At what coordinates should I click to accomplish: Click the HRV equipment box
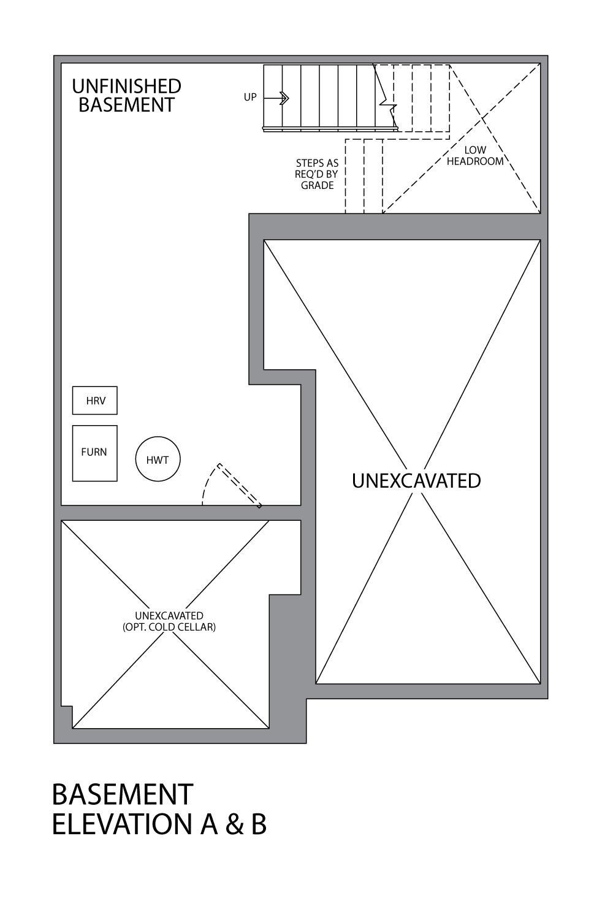pos(95,401)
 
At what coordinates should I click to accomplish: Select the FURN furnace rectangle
pos(94,453)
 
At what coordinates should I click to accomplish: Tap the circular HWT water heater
pos(158,459)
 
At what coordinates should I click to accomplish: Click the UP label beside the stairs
pos(250,97)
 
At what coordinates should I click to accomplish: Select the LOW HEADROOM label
pos(475,156)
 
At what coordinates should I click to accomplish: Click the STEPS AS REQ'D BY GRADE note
pos(317,174)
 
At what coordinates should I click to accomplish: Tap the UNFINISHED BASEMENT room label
pos(126,96)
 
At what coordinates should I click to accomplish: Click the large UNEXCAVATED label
pos(416,481)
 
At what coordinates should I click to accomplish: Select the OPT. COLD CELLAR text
pos(169,628)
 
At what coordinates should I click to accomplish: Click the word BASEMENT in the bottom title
pos(123,795)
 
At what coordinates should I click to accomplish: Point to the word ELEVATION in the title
pos(123,824)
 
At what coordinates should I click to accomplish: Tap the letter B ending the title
pos(259,824)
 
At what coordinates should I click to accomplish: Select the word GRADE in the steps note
pos(317,185)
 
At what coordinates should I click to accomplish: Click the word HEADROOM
pos(475,161)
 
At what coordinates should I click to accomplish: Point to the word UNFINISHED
pos(126,86)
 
